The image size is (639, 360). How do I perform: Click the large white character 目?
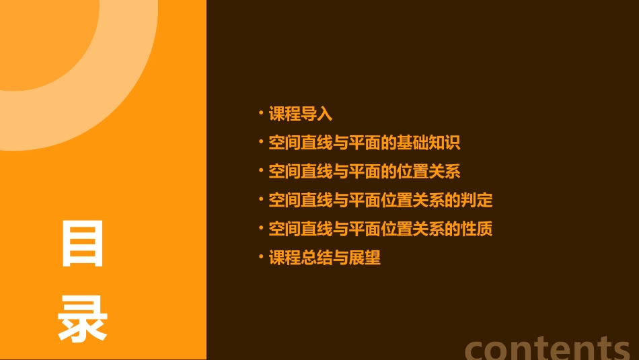click(83, 243)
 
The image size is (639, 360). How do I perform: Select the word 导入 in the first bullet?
click(317, 114)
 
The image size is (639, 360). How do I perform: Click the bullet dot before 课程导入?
click(261, 113)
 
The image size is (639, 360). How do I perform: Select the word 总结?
click(317, 258)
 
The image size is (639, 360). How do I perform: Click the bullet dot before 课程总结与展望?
click(261, 257)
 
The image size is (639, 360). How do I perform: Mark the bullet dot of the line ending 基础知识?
click(261, 142)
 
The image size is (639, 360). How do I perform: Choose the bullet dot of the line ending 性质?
click(261, 228)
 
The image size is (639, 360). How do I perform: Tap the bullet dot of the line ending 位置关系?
click(261, 171)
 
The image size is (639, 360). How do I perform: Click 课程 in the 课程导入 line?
click(285, 114)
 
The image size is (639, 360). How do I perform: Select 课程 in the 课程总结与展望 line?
click(285, 258)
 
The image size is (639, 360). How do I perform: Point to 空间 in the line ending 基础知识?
click(285, 143)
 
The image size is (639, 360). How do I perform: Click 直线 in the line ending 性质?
click(317, 229)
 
